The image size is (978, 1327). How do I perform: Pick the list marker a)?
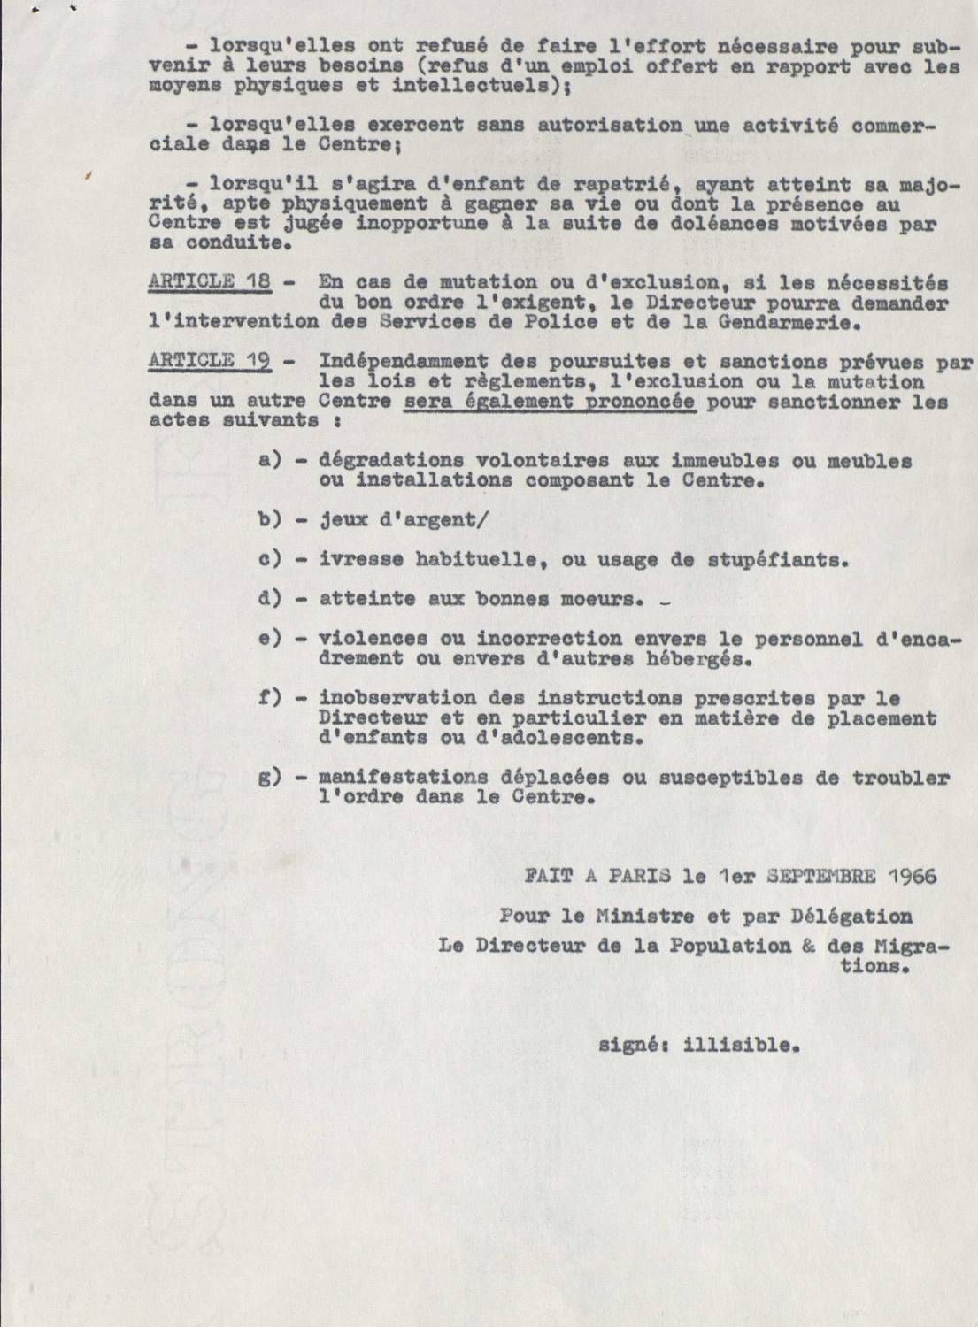(268, 460)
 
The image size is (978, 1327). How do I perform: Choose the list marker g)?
(268, 778)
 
